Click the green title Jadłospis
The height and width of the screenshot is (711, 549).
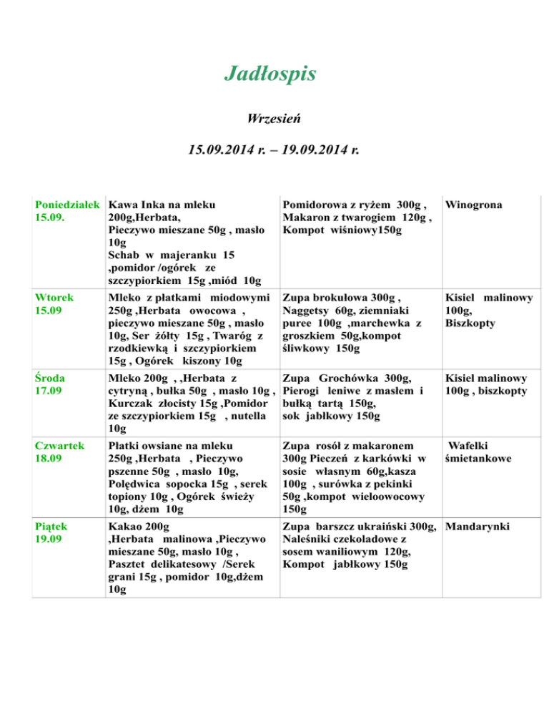pos(269,74)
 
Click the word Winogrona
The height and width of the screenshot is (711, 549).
pos(473,205)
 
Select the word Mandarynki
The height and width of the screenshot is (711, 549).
pos(477,527)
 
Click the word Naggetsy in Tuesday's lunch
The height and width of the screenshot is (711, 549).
pos(307,310)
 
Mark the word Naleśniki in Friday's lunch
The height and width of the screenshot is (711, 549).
pos(310,540)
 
